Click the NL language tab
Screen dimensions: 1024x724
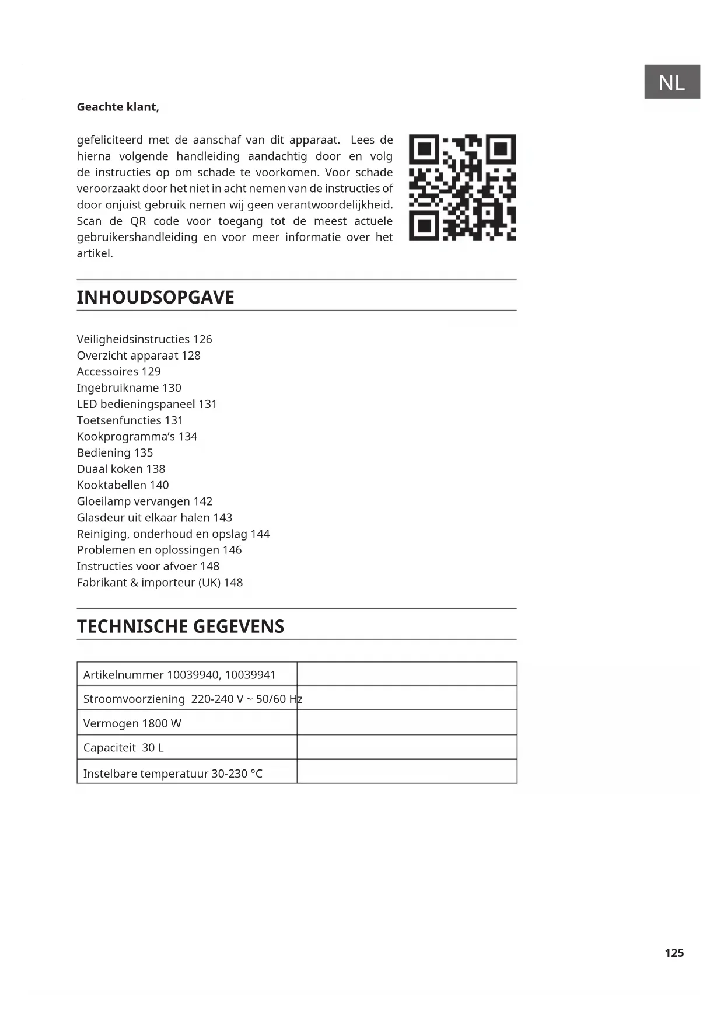(671, 82)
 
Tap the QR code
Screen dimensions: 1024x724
(462, 187)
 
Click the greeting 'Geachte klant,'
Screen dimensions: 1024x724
(118, 107)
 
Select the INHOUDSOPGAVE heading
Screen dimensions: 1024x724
(155, 297)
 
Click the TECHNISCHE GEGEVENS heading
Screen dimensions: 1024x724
(180, 626)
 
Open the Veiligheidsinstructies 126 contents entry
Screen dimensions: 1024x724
(144, 339)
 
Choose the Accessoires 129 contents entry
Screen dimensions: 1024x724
(118, 371)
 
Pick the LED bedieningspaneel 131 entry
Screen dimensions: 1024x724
(146, 404)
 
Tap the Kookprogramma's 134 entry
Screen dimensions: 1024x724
(137, 436)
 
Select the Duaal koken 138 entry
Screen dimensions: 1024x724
(121, 469)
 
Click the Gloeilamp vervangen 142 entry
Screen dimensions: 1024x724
(144, 501)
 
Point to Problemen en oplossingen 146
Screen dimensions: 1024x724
(159, 550)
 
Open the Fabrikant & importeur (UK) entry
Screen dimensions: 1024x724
(159, 582)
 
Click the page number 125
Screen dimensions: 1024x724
(674, 953)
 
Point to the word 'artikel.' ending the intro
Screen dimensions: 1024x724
(95, 253)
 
